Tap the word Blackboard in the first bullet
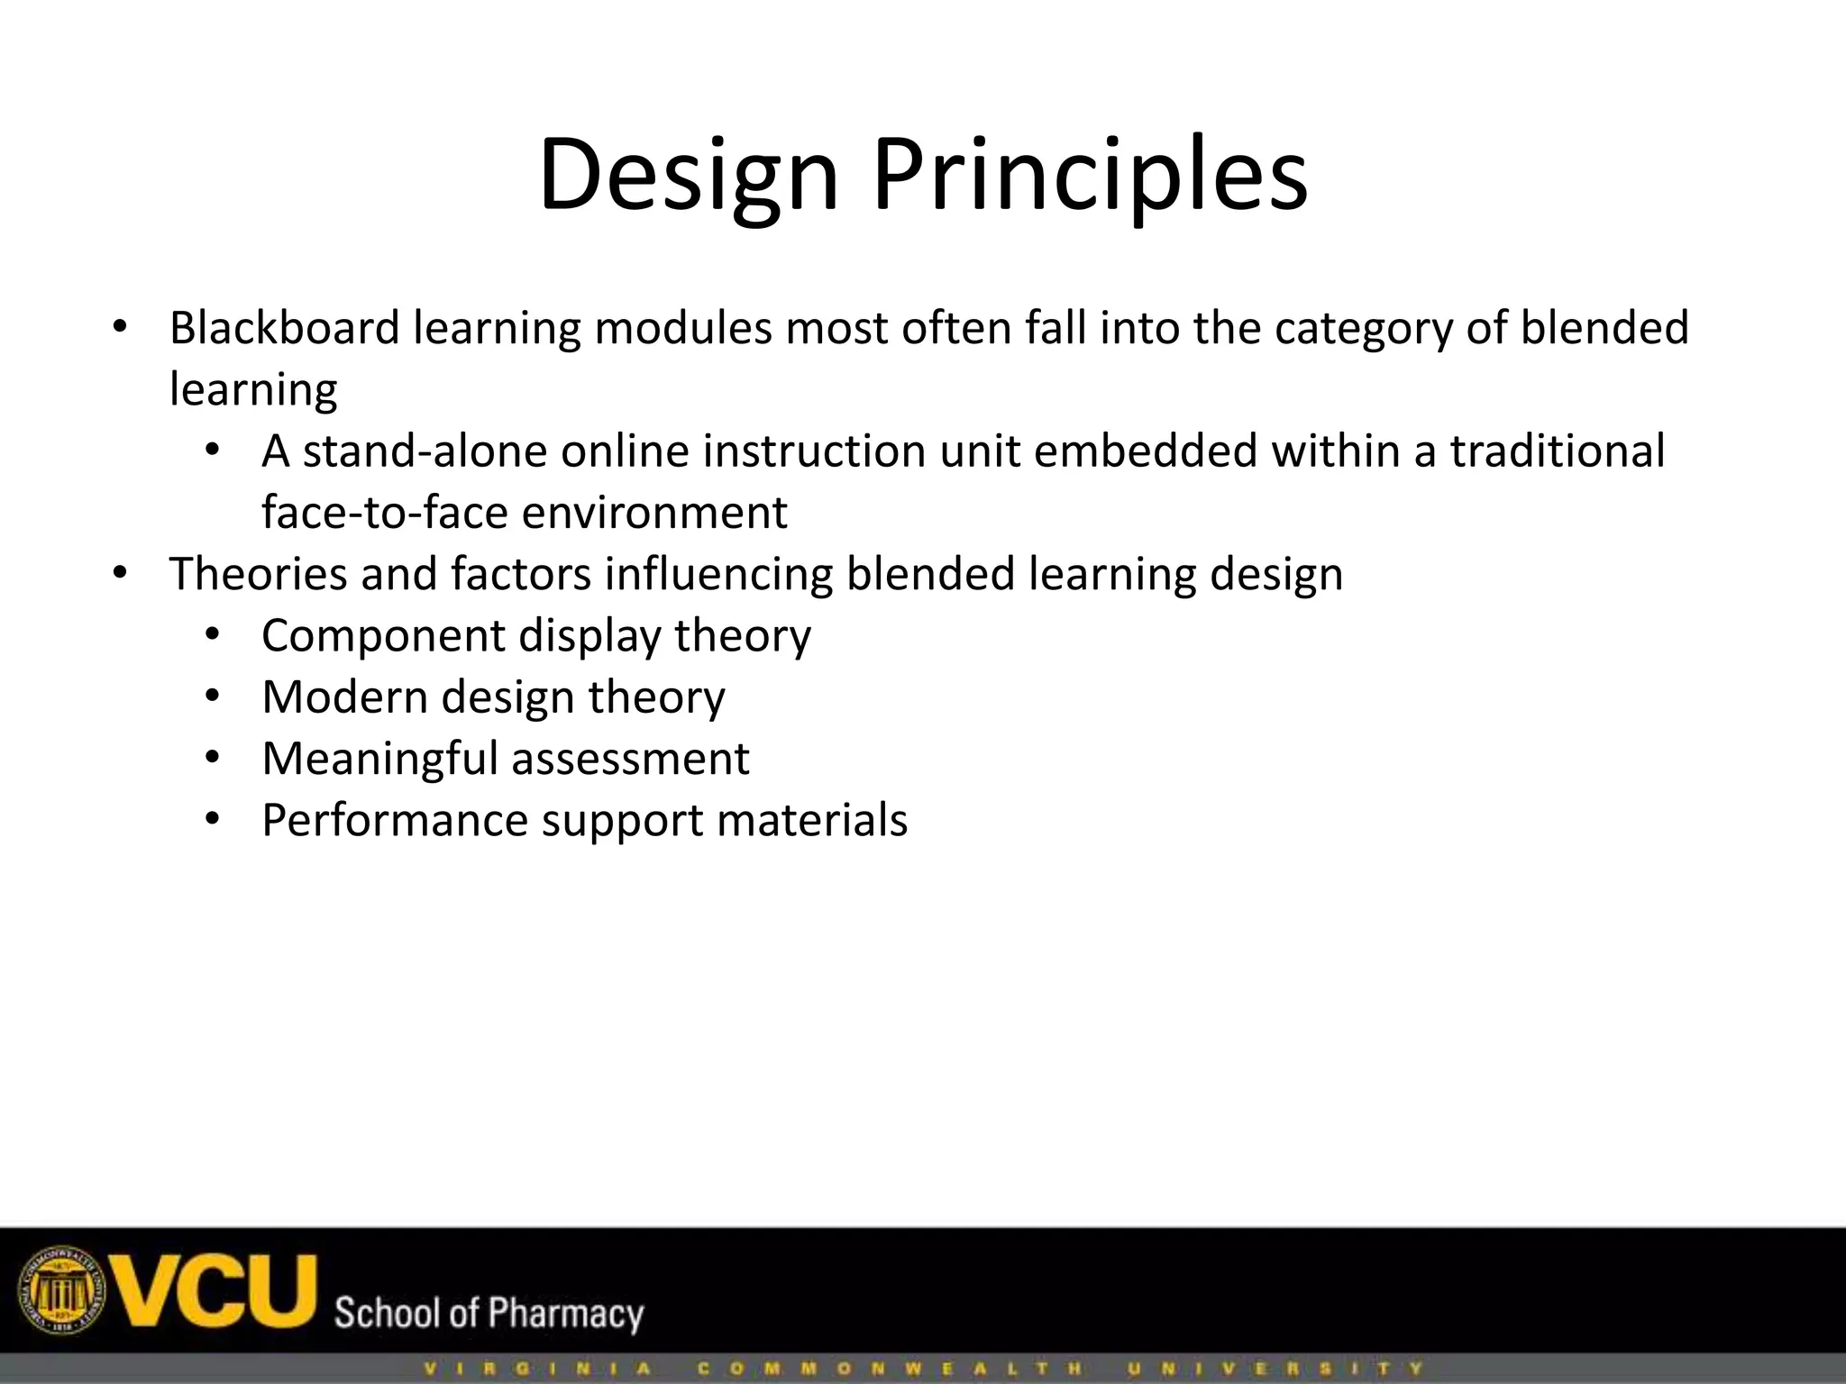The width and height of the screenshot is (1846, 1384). click(x=284, y=328)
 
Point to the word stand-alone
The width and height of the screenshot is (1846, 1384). click(x=425, y=451)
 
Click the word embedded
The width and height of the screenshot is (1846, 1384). click(x=1145, y=451)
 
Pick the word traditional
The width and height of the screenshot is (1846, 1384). click(x=1557, y=451)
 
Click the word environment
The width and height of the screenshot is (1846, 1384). click(x=654, y=513)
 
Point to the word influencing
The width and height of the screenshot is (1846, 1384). click(x=718, y=574)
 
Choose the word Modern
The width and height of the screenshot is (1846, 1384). click(x=344, y=697)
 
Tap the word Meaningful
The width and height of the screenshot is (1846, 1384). click(x=379, y=759)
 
